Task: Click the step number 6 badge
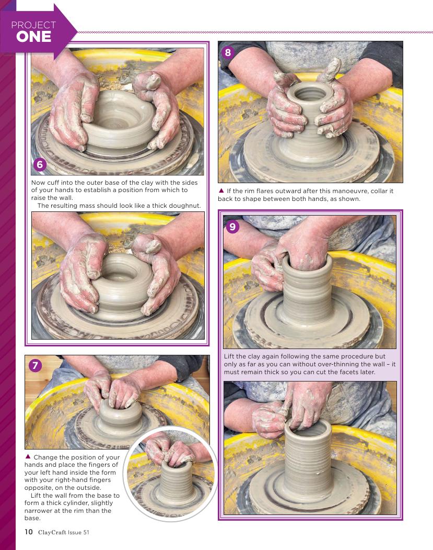(x=40, y=164)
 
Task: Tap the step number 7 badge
(x=35, y=366)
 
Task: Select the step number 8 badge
(x=228, y=53)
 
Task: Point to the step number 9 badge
(x=232, y=227)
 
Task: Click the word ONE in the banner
(x=33, y=37)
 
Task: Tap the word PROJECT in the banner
(x=33, y=25)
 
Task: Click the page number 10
(x=28, y=532)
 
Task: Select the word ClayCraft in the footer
(x=52, y=532)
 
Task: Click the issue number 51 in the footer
(x=86, y=532)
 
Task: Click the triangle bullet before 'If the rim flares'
(x=221, y=191)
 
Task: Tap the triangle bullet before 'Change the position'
(x=28, y=457)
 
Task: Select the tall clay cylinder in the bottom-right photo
(x=308, y=456)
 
